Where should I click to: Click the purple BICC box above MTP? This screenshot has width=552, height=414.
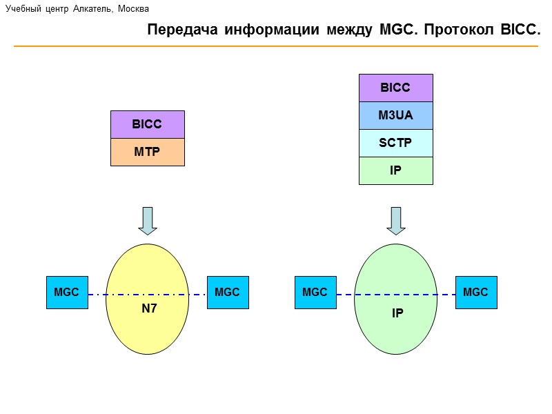pos(147,124)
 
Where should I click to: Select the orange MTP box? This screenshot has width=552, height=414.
pos(147,152)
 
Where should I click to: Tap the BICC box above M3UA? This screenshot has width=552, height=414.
pos(395,88)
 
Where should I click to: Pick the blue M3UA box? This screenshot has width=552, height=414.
pos(395,115)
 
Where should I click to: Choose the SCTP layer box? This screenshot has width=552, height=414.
pos(395,143)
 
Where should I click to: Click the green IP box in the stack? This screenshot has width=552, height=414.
pos(395,170)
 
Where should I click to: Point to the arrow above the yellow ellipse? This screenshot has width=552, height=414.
pos(148,221)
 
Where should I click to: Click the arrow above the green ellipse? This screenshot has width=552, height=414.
pos(396,221)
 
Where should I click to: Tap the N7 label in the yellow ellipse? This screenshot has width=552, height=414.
pos(150,309)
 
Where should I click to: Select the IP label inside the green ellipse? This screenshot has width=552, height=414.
pos(397,313)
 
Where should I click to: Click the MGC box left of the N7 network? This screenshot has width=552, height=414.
pos(67,293)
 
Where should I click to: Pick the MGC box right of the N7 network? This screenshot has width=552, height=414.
pos(228,293)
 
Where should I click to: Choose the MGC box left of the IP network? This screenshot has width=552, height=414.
pos(315,293)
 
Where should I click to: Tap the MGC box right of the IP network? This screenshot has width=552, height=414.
pos(476,293)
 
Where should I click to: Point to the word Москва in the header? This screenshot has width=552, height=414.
pos(133,9)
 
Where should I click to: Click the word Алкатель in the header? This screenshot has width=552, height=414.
pos(94,9)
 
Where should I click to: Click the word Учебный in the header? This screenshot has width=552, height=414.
pos(23,9)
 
